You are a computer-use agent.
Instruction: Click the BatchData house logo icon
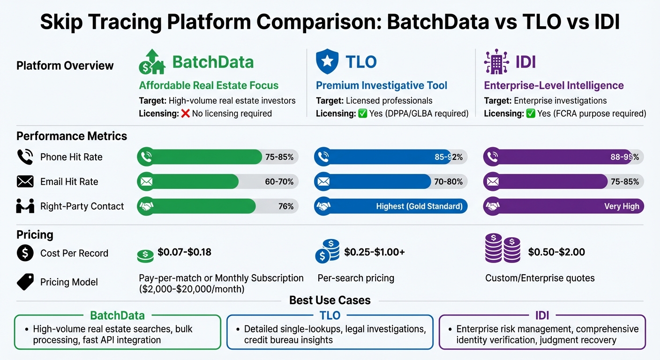click(x=152, y=62)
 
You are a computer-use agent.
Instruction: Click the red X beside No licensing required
click(x=185, y=113)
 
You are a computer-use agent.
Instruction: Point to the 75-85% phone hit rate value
click(x=279, y=157)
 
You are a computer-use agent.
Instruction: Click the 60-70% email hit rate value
click(x=279, y=181)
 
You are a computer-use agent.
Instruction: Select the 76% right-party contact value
click(x=286, y=206)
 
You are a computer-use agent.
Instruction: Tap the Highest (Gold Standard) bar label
click(x=419, y=206)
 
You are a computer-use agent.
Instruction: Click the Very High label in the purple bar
click(x=622, y=206)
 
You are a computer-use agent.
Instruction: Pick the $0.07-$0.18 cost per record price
click(x=184, y=252)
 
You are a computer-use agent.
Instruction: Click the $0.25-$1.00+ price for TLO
click(x=374, y=252)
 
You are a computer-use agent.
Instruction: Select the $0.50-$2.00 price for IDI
click(x=556, y=252)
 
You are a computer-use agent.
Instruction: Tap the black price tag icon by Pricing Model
click(x=25, y=282)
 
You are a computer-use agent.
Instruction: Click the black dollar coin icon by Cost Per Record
click(x=25, y=253)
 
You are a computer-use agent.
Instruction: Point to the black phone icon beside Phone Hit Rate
click(x=25, y=157)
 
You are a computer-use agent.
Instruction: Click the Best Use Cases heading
click(x=330, y=300)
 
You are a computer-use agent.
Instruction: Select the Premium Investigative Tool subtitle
click(x=382, y=85)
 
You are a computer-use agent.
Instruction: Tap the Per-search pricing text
click(x=356, y=278)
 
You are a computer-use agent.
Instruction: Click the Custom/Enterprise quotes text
click(x=540, y=278)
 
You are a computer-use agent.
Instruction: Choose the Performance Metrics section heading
click(x=72, y=136)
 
